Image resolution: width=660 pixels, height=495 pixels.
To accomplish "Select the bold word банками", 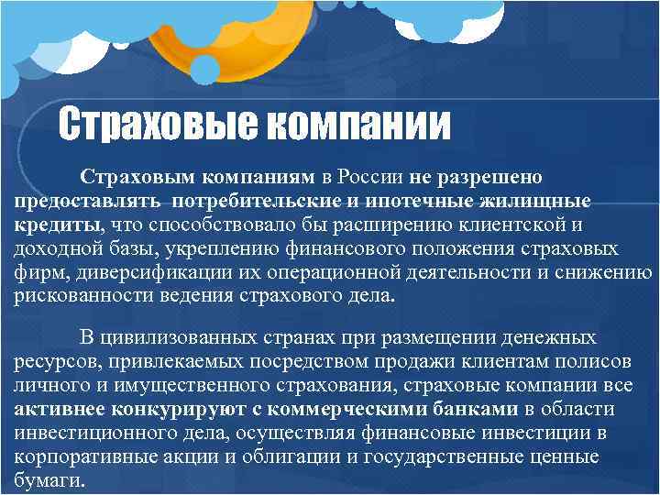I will tap(471, 409).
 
